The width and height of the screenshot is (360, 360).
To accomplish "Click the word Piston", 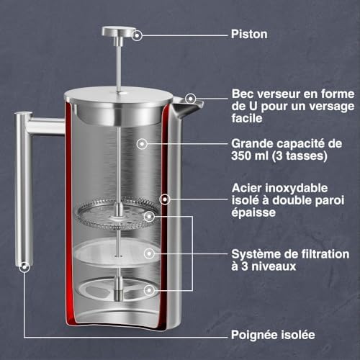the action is [x=249, y=34].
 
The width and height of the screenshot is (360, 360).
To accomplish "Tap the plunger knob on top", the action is [x=118, y=31].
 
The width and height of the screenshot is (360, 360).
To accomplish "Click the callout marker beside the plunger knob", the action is [x=137, y=35].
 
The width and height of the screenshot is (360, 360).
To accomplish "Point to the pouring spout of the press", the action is [x=187, y=108].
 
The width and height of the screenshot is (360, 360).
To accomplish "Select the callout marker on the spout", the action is [x=191, y=99].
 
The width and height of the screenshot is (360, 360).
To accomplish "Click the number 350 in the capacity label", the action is [x=241, y=156].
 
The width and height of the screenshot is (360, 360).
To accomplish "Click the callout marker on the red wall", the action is [x=165, y=199].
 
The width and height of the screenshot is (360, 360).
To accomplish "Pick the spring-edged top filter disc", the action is [x=117, y=214].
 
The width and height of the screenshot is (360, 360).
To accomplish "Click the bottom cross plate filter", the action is [x=117, y=289].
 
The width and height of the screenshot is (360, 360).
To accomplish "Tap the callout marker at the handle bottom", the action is [x=24, y=267].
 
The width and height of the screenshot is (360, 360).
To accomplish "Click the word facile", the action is [x=247, y=118].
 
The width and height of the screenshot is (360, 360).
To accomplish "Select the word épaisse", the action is [x=253, y=212].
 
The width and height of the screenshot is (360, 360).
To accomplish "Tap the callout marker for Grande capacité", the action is [x=142, y=144].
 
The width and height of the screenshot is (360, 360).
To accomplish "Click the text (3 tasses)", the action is [x=300, y=156].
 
